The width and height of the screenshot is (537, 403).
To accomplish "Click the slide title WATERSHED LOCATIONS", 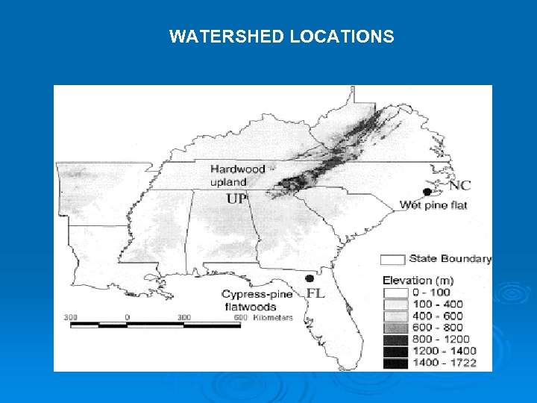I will pos(281,36).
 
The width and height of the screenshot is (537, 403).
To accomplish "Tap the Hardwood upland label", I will pos(237,175).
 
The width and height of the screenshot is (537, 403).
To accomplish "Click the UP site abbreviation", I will pos(236,199).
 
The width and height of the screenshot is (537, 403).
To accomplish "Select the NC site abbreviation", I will pos(459,185).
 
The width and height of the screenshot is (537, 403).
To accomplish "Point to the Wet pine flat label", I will pos(433,204).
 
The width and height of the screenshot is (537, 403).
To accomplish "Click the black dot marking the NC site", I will pos(427,191).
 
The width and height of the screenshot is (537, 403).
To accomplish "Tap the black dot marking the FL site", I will pos(309,278).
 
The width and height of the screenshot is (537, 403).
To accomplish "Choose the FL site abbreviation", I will pos(316,293).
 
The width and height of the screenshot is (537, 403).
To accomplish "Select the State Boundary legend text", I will pos(450,259).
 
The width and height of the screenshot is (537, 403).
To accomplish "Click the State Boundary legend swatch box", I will pos(393,260).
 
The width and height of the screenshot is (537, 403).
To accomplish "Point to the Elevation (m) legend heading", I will pos(418,281).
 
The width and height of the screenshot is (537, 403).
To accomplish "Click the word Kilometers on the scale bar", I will pos(272,317).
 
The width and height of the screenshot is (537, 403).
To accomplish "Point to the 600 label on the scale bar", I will pos(240,317).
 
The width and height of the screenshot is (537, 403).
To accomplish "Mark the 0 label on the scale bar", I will pos(128,317).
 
